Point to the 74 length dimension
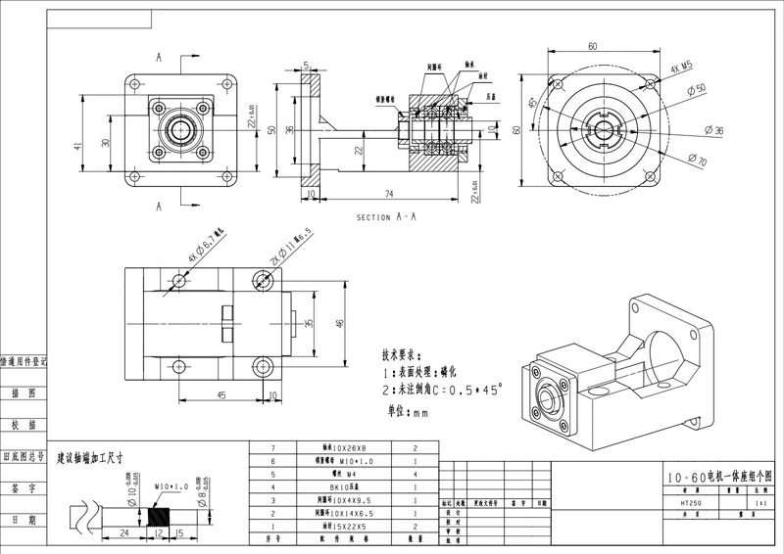click(389, 194)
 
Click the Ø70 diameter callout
click(697, 159)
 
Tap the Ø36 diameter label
click(714, 129)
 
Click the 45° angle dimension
click(533, 103)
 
